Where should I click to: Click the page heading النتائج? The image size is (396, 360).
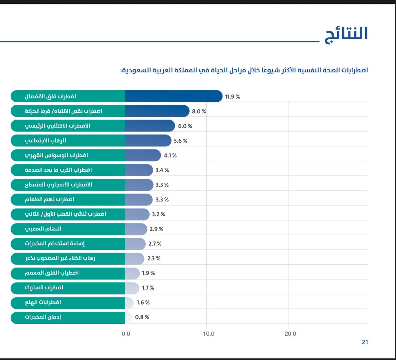point(346,34)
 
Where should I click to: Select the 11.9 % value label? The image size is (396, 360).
point(232,97)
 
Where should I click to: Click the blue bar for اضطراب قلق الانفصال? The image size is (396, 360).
point(173,96)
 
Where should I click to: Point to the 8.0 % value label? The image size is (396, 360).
point(199,111)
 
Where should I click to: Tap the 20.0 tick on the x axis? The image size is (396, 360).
point(290,334)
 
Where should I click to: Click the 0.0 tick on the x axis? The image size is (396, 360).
point(126,334)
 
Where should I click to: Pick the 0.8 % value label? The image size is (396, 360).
point(142,317)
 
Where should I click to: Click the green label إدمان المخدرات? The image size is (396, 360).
point(43,317)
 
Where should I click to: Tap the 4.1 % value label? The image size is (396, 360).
point(170,156)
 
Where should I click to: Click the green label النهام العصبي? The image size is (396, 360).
point(43,229)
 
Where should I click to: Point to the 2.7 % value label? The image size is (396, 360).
point(154,244)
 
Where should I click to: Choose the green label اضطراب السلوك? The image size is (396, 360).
point(44,288)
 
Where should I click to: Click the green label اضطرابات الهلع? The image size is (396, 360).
point(43,303)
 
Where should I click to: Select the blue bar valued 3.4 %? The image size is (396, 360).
point(139,170)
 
